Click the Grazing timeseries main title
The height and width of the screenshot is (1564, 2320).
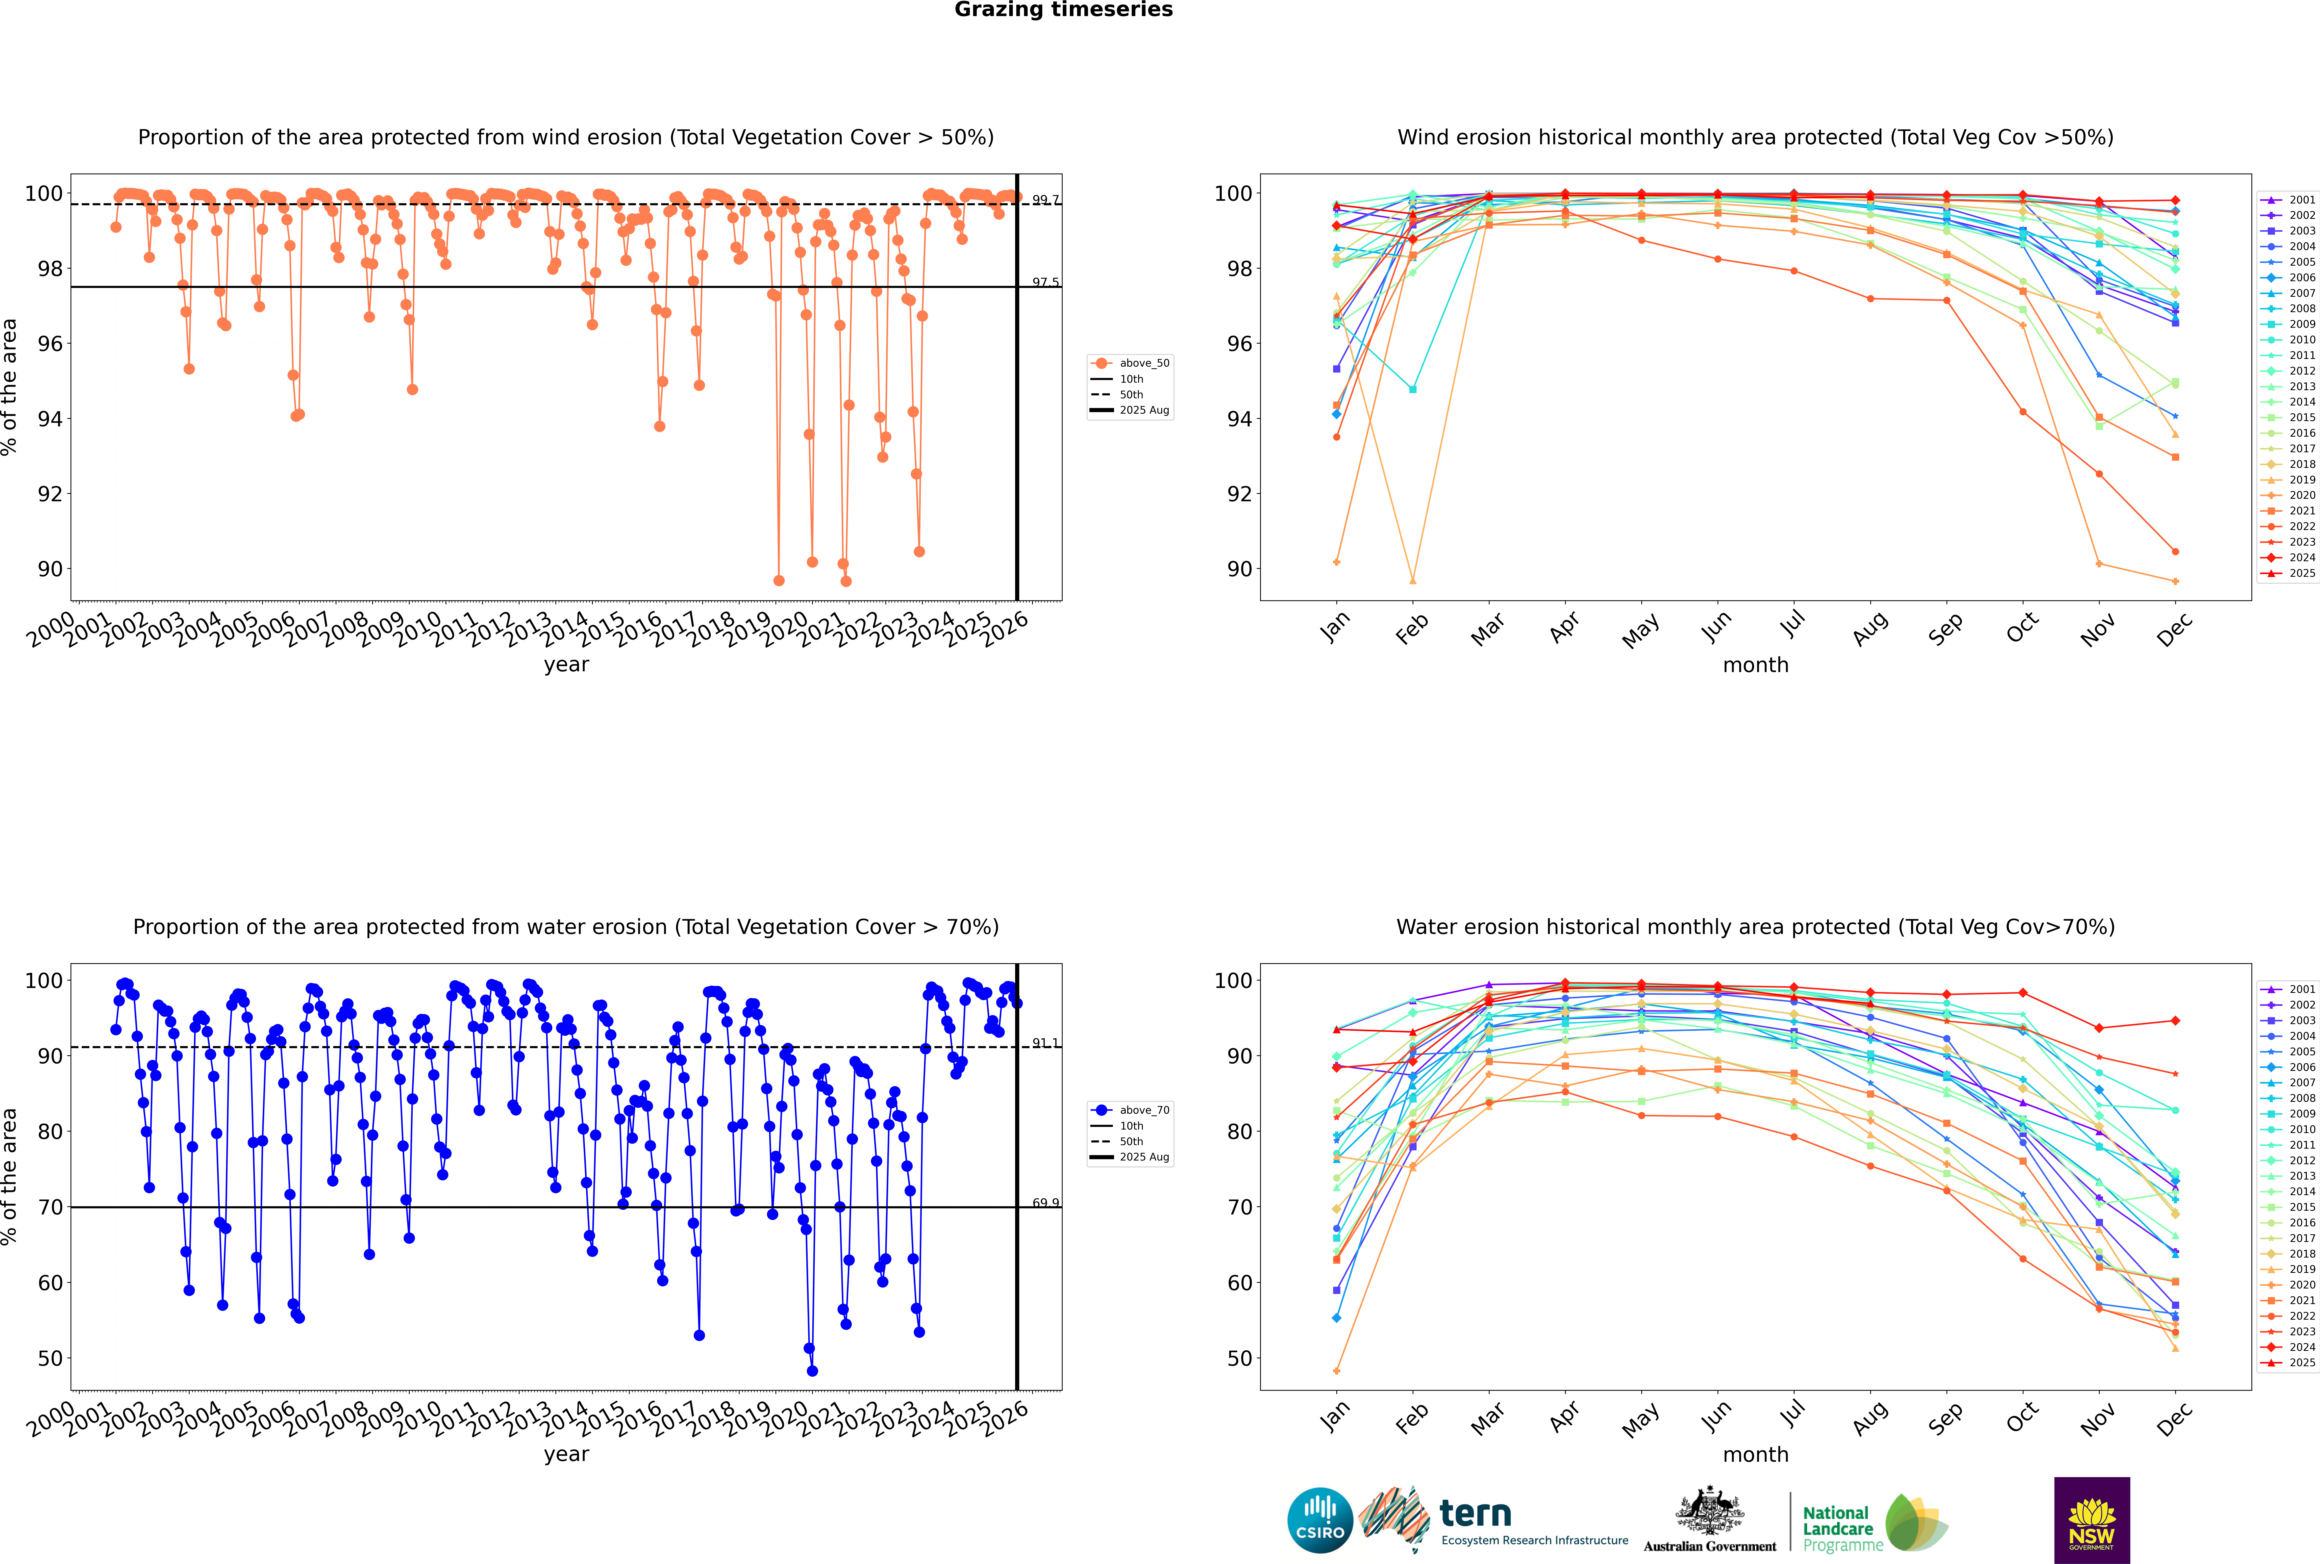tap(1063, 10)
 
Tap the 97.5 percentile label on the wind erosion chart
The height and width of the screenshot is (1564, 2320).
tap(1045, 282)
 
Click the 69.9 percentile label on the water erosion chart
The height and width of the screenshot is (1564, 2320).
tap(1045, 1203)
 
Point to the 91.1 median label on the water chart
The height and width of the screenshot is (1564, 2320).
tap(1045, 1043)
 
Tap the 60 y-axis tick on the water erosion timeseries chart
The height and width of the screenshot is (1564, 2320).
tap(50, 1283)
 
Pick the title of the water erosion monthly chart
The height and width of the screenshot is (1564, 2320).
tap(1755, 927)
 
